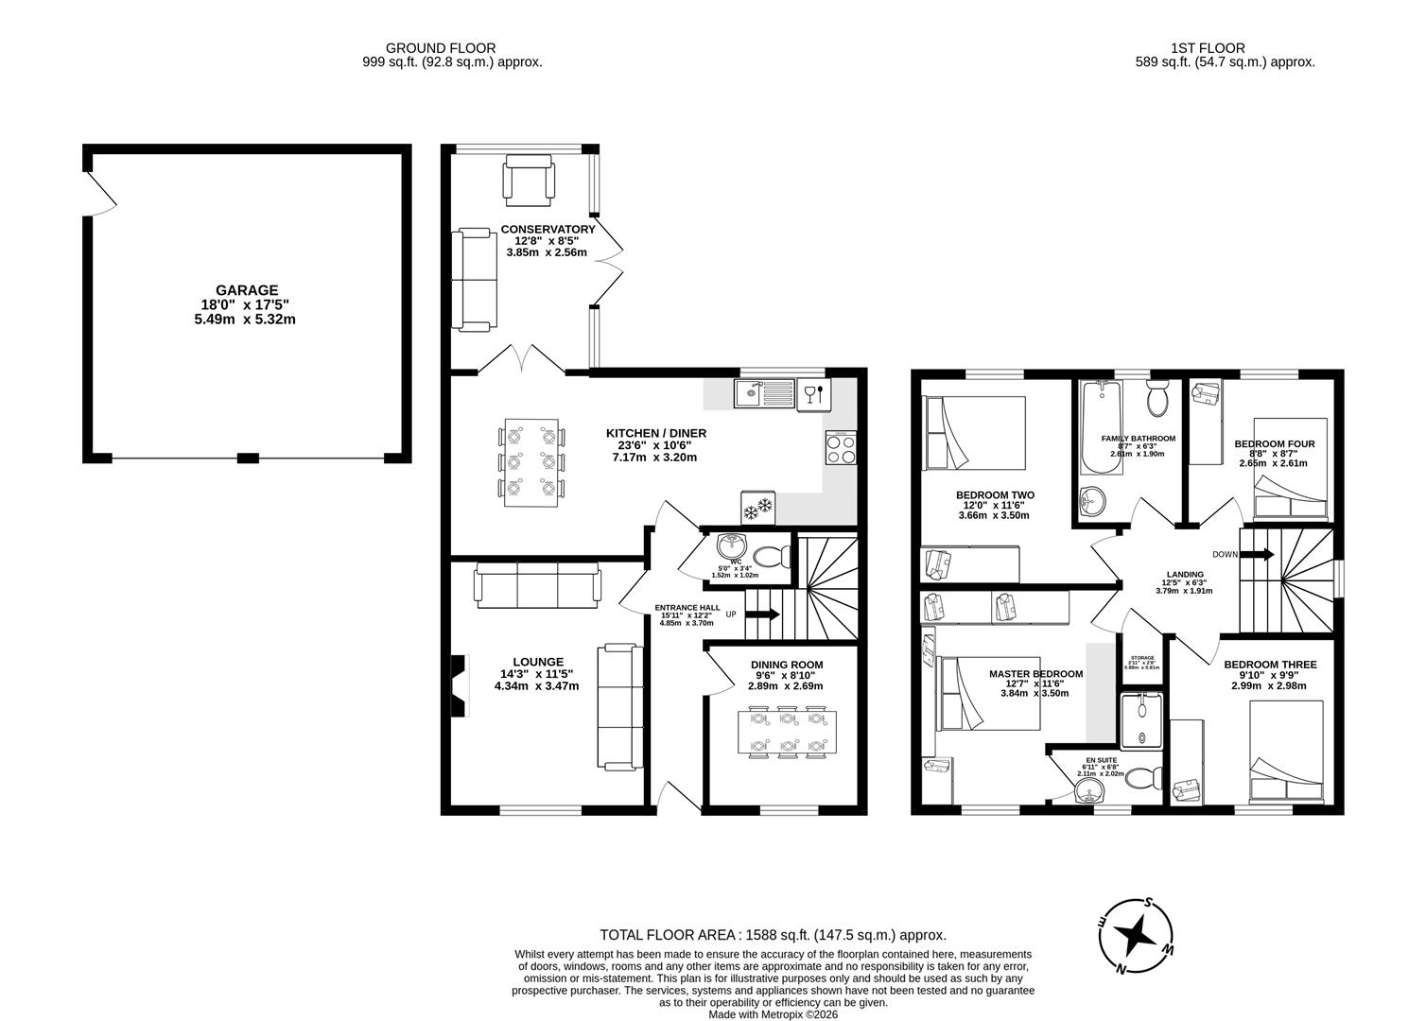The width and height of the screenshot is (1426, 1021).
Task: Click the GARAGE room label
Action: [246, 290]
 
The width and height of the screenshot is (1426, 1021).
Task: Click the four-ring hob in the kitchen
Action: [841, 447]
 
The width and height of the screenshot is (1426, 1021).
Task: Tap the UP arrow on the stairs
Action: [762, 614]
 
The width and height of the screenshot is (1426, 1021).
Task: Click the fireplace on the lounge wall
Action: [459, 685]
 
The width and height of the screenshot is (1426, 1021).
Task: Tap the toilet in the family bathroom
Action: [1157, 399]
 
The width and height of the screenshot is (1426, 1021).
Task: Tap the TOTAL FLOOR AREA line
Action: [773, 935]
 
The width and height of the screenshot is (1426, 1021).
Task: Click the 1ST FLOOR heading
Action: [1208, 48]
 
